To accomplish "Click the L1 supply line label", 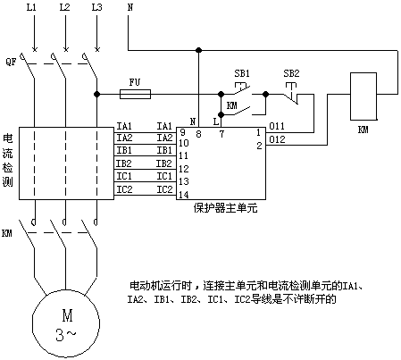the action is tap(31, 7).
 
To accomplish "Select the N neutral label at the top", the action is tap(130, 7).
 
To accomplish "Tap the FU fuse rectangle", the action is tap(135, 94).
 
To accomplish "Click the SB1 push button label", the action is tap(242, 73).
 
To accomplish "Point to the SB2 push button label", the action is tap(291, 73).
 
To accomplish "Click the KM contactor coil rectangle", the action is tap(363, 96).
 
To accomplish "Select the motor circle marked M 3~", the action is tap(66, 323).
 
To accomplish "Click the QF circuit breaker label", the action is tap(11, 62).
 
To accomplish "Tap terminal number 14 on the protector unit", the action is tap(184, 195).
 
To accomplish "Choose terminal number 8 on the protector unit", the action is tap(198, 134).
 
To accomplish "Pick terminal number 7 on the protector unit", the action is tap(221, 134).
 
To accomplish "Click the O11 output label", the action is tap(277, 126).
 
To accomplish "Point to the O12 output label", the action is tap(277, 139).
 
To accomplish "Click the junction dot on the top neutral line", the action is tap(198, 50).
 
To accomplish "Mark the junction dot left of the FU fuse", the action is tap(96, 94).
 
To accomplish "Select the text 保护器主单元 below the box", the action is tap(225, 208).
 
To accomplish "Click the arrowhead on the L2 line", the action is tap(66, 48).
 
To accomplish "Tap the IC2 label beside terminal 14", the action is tap(164, 189).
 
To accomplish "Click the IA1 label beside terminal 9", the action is tap(164, 126).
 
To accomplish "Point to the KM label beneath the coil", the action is tap(363, 130).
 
